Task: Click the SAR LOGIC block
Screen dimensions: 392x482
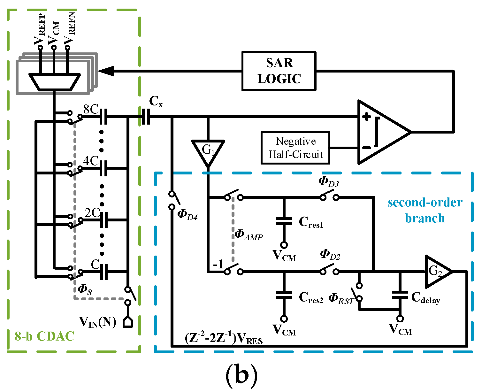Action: (x=279, y=71)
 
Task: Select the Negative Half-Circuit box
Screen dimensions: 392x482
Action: (x=295, y=148)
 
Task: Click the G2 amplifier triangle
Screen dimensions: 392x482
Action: (x=436, y=272)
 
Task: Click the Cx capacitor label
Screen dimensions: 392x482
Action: (x=156, y=102)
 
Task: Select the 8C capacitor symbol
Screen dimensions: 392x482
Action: (x=103, y=117)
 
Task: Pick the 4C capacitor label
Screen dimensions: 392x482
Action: (x=91, y=161)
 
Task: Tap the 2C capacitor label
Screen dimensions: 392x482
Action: (x=92, y=213)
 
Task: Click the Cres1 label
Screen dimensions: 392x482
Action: (x=311, y=222)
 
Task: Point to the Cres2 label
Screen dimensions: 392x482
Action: (x=311, y=297)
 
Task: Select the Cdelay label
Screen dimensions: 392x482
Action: (x=425, y=297)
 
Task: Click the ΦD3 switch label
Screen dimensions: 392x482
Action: (x=329, y=182)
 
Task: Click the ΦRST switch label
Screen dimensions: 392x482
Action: (x=341, y=299)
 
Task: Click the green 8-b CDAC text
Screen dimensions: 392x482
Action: (x=44, y=336)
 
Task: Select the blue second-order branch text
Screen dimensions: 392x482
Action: (x=425, y=210)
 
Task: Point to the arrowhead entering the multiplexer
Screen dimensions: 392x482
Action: (x=106, y=71)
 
